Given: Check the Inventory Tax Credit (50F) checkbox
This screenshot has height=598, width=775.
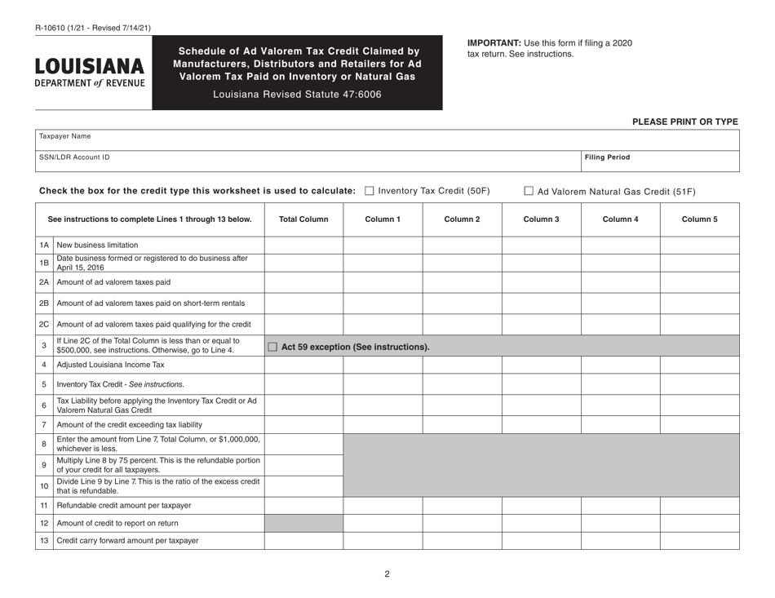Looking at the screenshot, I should tap(370, 191).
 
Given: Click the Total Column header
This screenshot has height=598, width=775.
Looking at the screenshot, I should tap(303, 219).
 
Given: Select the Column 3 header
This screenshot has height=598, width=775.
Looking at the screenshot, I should tap(540, 219).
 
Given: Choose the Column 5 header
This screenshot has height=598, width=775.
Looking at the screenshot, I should tap(699, 219).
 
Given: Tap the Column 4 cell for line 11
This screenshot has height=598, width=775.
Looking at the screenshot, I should tap(619, 505).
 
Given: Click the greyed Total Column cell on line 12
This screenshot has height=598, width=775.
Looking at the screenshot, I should tap(303, 523).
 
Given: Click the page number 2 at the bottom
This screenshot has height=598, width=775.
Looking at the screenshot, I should tap(387, 574).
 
